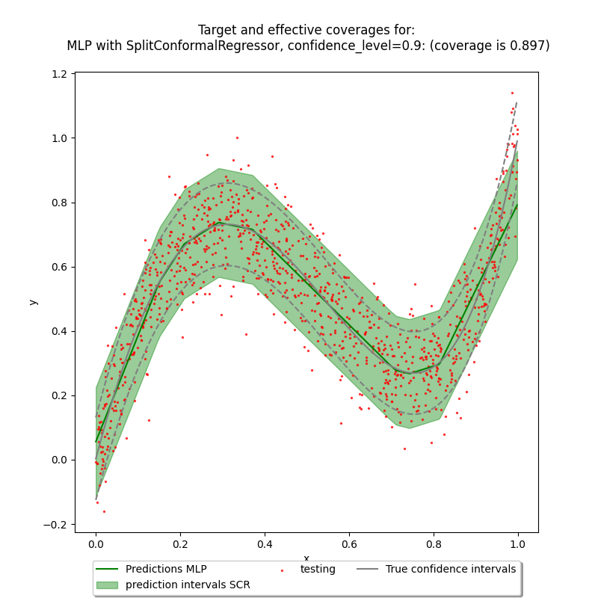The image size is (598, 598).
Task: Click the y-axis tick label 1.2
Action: pos(60,74)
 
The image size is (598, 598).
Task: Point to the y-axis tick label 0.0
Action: pos(60,460)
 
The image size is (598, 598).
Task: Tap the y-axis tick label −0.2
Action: pos(57,524)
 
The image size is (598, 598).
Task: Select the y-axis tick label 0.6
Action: pos(60,267)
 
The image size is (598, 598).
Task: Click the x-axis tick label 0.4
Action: pos(265,543)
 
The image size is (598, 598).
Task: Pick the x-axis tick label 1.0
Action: pos(518,543)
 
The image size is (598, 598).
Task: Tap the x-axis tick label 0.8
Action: pos(434,543)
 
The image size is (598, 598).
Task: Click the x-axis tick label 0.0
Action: pos(96,543)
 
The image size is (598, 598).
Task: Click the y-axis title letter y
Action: pos(32,302)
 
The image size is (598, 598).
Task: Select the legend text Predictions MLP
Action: pos(166,570)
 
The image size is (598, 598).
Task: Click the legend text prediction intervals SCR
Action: pos(188,585)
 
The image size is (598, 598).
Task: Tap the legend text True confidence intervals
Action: pos(451,570)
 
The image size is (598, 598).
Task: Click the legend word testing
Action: pos(318,570)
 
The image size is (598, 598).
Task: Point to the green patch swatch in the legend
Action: pos(108,585)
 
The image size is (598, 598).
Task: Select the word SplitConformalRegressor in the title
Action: pos(196,46)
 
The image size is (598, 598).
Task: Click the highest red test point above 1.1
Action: pos(512,93)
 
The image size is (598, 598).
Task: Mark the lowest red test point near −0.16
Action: pos(104,511)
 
